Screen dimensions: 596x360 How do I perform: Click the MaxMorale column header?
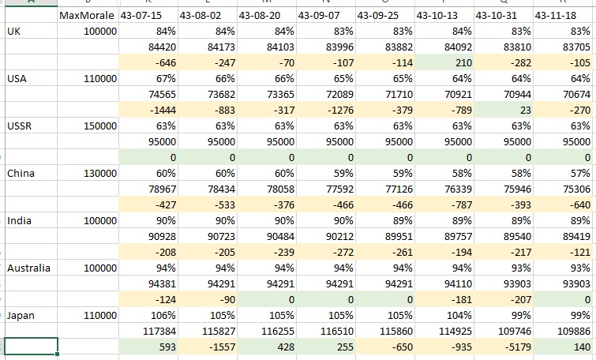point(87,16)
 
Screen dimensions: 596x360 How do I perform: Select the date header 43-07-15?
point(141,16)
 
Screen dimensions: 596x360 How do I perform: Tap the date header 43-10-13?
point(437,16)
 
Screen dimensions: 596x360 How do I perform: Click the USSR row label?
point(20,126)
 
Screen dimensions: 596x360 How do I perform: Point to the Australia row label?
point(29,268)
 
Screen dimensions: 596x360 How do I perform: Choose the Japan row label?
point(21,316)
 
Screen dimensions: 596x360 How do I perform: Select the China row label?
point(21,174)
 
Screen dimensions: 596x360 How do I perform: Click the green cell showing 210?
point(444,62)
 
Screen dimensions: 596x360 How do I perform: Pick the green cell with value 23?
point(504,111)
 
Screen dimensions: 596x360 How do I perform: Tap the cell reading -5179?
point(504,347)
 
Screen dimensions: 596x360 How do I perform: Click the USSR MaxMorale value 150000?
point(100,126)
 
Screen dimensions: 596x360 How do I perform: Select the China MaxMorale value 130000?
point(100,174)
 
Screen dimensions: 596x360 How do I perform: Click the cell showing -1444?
point(148,111)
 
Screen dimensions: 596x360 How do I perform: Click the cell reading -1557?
point(208,347)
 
